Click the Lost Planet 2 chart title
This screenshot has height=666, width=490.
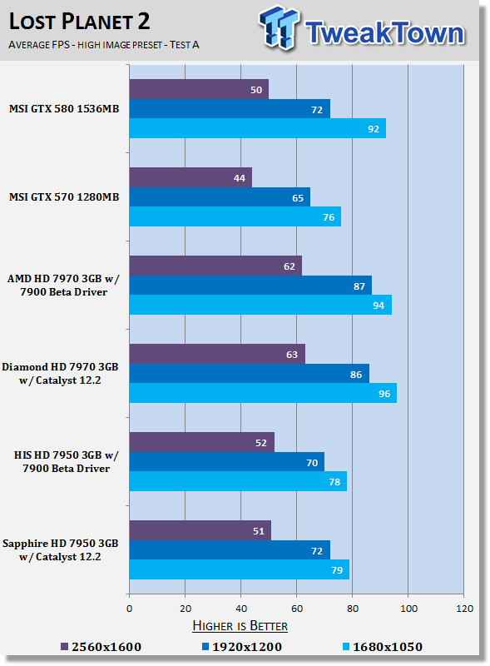click(79, 22)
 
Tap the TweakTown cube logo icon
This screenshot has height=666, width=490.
click(279, 27)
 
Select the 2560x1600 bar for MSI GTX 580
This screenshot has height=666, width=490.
click(199, 89)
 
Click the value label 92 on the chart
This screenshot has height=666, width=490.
click(374, 129)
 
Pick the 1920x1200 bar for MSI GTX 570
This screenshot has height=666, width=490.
click(220, 197)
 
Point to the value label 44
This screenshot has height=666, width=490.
click(240, 178)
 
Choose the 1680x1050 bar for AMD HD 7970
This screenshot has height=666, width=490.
click(260, 305)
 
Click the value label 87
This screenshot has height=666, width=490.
click(359, 286)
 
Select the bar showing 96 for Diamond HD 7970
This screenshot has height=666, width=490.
click(263, 393)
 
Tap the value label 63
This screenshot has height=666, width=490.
click(292, 355)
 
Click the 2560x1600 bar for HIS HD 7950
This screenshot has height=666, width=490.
click(201, 442)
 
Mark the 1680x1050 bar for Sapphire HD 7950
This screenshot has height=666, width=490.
click(239, 569)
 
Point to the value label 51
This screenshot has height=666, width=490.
click(259, 531)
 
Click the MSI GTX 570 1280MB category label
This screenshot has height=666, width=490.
click(64, 197)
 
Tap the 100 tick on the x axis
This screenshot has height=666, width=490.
click(408, 609)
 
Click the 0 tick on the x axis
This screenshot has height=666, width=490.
click(130, 609)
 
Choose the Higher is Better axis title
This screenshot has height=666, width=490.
click(240, 626)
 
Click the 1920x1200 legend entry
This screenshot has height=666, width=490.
click(241, 647)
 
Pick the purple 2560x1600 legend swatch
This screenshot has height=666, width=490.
click(65, 647)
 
